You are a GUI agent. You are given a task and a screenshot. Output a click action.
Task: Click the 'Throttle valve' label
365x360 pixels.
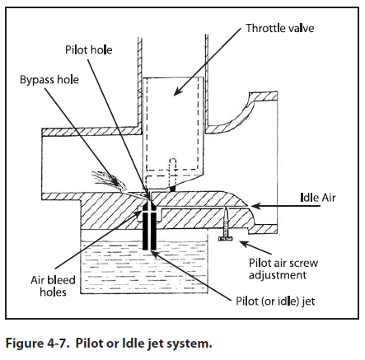coord(280,28)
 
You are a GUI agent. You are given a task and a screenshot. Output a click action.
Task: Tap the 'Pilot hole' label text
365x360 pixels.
coord(89,50)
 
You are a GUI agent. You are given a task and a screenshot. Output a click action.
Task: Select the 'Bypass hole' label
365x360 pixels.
coord(49,80)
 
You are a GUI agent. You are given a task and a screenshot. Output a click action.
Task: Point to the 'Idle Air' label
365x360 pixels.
coord(318,198)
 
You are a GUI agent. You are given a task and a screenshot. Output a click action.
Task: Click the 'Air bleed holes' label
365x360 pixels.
coord(53,286)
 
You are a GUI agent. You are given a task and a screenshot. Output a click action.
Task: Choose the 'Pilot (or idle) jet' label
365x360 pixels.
coord(275,302)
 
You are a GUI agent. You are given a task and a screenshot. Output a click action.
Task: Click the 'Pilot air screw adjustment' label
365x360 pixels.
coord(283,269)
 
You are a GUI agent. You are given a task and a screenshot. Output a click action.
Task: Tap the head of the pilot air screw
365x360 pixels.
coord(225,239)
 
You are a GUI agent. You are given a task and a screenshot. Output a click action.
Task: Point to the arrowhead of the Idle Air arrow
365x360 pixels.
coord(255,206)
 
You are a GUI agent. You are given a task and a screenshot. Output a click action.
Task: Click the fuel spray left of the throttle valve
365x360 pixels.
coord(110,181)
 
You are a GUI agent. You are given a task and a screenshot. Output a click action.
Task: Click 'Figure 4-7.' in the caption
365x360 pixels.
coord(37,344)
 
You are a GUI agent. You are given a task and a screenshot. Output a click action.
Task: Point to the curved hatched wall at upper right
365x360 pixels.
coord(241,113)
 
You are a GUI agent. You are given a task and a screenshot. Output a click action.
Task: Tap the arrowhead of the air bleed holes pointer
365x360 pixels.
coord(138,213)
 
